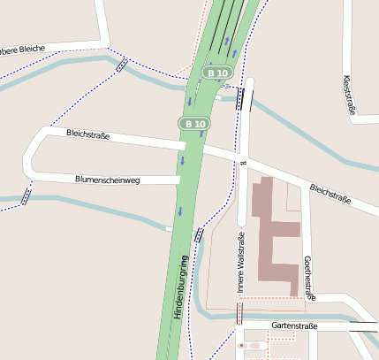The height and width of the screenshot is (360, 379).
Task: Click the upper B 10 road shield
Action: [x=217, y=72]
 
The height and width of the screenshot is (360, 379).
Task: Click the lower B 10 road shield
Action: [x=194, y=124]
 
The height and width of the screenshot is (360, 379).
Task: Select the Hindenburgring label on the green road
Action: [x=181, y=287]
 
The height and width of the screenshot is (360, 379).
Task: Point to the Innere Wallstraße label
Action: [x=240, y=263]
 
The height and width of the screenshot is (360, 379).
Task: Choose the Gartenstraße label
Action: [x=295, y=326]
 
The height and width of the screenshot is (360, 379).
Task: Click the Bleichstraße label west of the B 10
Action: [x=88, y=135]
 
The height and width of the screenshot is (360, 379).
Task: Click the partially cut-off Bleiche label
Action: [x=22, y=49]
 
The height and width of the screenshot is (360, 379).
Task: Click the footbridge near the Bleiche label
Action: [x=121, y=65]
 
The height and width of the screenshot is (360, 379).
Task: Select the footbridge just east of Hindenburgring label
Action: [x=198, y=236]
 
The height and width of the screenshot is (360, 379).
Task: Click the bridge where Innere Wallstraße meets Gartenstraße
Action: [x=239, y=312]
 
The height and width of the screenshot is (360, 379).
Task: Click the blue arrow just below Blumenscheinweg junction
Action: [x=179, y=211]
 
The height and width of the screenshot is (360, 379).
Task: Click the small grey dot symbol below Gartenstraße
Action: [x=239, y=345]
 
